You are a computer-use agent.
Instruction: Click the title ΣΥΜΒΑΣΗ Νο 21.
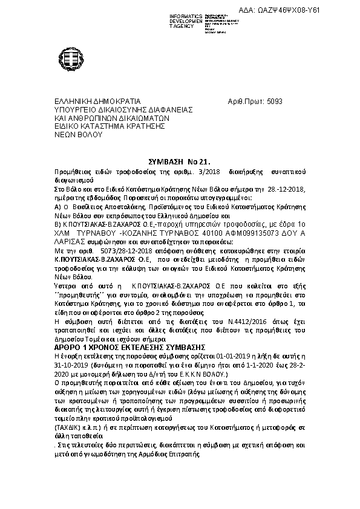coord(178,163)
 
